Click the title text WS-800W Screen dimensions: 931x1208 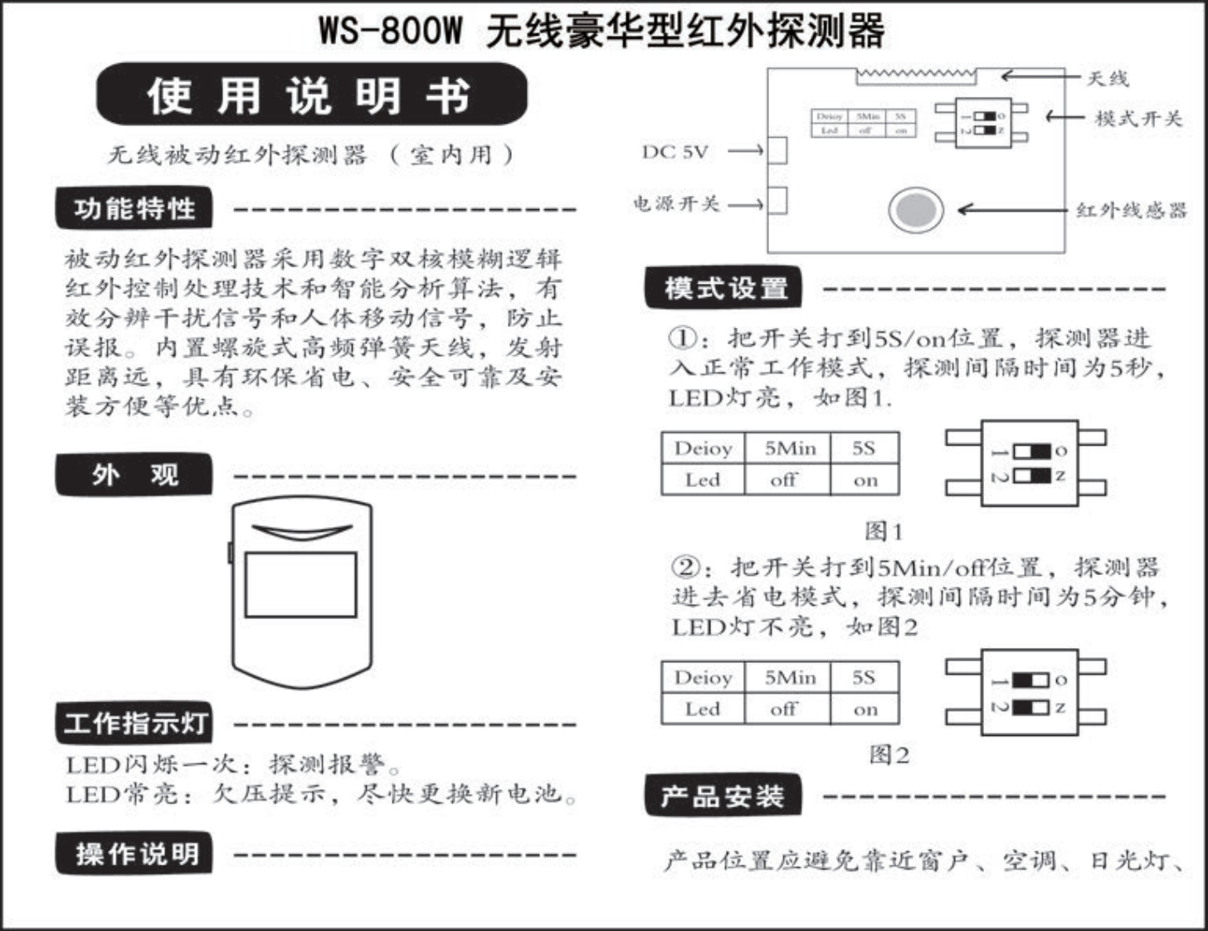(390, 32)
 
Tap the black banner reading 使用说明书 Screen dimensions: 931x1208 (311, 95)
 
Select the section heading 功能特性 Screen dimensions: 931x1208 (134, 208)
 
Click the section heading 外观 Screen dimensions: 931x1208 (134, 475)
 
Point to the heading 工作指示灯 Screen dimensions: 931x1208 (134, 723)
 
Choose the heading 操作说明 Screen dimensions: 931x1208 (134, 854)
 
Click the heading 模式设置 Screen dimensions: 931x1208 (724, 288)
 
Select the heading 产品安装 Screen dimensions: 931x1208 (723, 797)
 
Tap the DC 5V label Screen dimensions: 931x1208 (675, 152)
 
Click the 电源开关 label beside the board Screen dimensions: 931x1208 (676, 203)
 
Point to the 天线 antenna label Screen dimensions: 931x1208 (1108, 79)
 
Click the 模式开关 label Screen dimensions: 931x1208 (1137, 118)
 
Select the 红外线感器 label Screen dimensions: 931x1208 (1132, 211)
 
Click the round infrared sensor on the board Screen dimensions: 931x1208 (915, 209)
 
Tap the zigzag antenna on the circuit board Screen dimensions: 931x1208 (916, 76)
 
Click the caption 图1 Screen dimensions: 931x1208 (884, 530)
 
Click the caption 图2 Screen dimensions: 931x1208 (889, 755)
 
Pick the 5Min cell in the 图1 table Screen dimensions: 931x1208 (789, 449)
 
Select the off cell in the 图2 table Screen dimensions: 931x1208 (783, 709)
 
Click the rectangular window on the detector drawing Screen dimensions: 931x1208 (300, 584)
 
